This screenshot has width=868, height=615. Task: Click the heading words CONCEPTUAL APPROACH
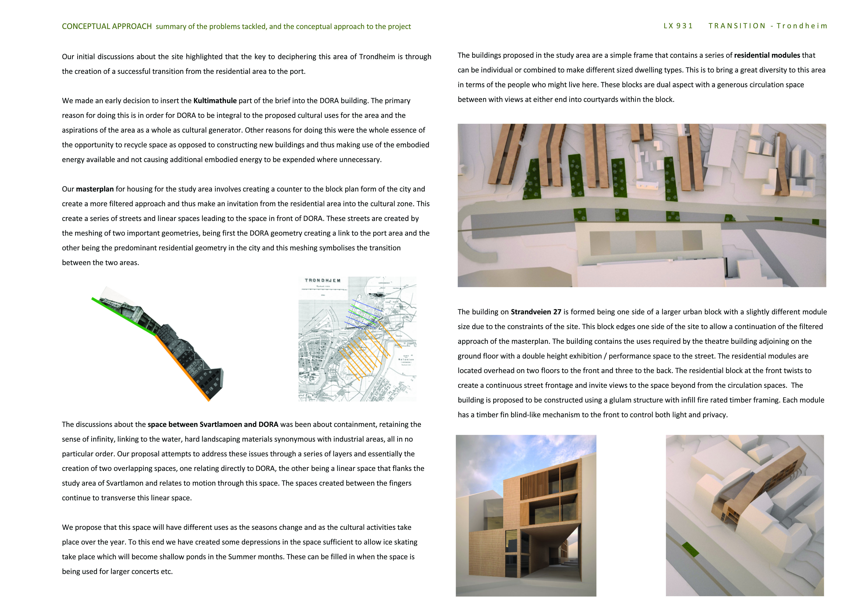coord(107,26)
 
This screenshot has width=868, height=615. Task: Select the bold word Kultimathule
coord(215,101)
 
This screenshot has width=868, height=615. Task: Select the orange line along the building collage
coord(182,367)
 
